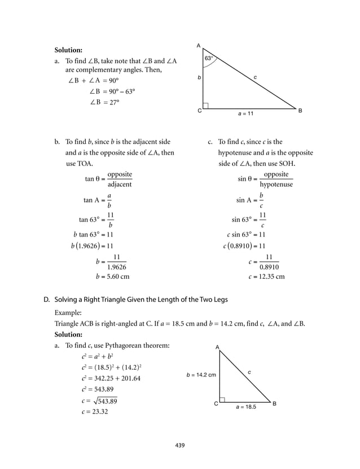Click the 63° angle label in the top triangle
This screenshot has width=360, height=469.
tap(209, 58)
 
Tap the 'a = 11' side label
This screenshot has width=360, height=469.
tap(245, 113)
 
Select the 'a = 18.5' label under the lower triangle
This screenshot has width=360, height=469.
tap(246, 406)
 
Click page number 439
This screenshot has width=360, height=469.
tap(180, 445)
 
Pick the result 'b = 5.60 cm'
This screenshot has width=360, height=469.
tap(112, 277)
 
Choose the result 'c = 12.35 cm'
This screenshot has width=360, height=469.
tap(266, 277)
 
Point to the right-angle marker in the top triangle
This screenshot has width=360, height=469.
tap(205, 106)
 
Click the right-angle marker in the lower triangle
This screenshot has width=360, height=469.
tap(222, 400)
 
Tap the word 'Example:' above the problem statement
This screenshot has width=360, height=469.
tap(68, 312)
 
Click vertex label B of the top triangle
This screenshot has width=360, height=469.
tap(300, 111)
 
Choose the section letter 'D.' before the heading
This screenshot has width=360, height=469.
tap(47, 299)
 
